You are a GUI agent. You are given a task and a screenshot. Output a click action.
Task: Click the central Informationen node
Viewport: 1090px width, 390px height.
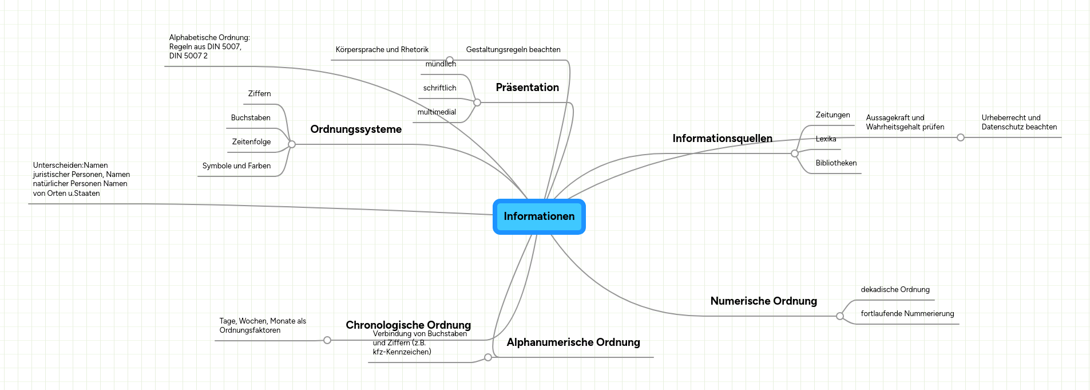(x=539, y=216)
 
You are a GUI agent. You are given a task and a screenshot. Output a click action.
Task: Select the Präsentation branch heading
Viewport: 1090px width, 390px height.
(x=527, y=88)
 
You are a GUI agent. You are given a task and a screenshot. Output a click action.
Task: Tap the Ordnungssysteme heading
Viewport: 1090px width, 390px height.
(x=356, y=129)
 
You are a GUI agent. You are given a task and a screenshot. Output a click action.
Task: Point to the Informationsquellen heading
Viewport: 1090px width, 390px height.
(x=722, y=139)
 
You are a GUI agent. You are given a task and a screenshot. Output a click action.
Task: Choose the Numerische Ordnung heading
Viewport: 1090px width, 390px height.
(x=763, y=301)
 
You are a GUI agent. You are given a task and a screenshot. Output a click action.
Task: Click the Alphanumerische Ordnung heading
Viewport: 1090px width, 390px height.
(x=573, y=342)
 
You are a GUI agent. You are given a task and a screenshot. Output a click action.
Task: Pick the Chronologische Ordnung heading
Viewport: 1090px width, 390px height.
(x=408, y=325)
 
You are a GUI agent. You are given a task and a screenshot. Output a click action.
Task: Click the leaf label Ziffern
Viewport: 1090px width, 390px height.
(x=259, y=94)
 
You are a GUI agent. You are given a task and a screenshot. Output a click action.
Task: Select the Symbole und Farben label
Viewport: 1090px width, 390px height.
(x=236, y=166)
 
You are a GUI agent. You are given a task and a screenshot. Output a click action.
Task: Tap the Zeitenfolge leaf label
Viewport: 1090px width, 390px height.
(x=251, y=142)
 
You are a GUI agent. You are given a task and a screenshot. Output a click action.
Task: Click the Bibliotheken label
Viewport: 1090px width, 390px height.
(x=836, y=163)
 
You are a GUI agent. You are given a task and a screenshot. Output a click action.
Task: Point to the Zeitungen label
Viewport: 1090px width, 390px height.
(x=833, y=115)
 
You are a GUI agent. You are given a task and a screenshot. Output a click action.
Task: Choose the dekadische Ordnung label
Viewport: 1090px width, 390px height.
(x=895, y=290)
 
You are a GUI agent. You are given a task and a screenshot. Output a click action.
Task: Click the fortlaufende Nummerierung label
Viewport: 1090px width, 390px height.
(x=907, y=314)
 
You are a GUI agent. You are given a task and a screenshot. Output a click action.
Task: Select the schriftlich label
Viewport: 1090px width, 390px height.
(x=439, y=88)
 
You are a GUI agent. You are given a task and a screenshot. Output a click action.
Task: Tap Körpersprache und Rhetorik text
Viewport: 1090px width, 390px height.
(x=382, y=50)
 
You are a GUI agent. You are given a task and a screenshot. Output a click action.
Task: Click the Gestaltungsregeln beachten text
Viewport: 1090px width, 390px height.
(x=513, y=50)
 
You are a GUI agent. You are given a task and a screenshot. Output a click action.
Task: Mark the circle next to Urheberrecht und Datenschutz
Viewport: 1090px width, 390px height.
(x=961, y=137)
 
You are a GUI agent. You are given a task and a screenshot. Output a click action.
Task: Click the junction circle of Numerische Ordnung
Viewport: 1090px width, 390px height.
(x=840, y=316)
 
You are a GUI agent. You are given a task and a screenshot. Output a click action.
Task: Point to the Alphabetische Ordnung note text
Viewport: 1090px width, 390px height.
(x=209, y=47)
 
